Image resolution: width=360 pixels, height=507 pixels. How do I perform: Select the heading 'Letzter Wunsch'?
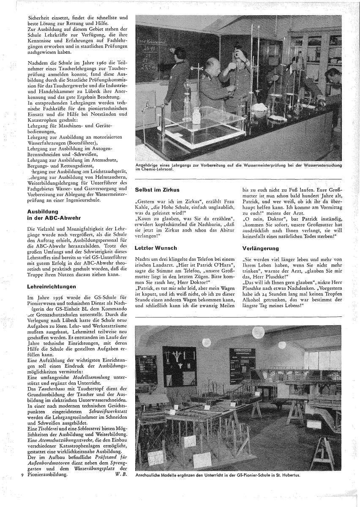point(156,248)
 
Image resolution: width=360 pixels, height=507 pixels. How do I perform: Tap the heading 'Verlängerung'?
point(261,248)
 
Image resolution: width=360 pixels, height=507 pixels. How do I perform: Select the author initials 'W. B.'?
point(121,475)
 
